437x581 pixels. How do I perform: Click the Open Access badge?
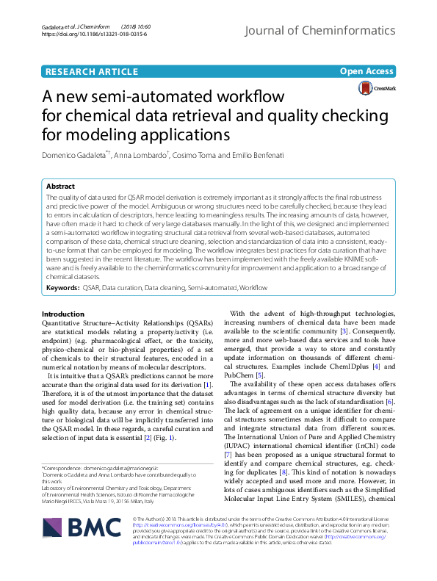point(368,71)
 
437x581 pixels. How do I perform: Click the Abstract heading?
point(61,187)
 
